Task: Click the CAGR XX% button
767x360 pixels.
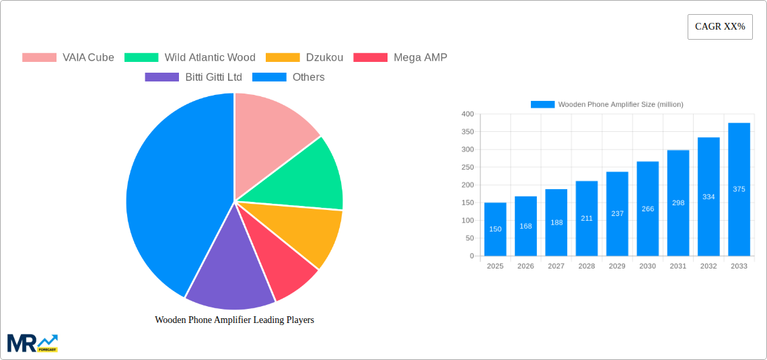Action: click(720, 27)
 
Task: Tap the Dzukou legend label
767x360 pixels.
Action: click(324, 57)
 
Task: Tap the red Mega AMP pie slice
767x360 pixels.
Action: click(283, 262)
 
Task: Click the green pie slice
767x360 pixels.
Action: click(303, 178)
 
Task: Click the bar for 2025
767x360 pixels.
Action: click(495, 229)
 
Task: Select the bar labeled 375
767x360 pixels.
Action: click(739, 189)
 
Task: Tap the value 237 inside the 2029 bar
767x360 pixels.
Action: click(617, 213)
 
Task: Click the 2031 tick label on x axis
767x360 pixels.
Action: click(678, 266)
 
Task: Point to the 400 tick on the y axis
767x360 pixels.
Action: click(467, 114)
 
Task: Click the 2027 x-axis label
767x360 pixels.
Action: click(556, 266)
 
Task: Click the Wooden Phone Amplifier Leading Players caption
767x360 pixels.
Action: click(234, 320)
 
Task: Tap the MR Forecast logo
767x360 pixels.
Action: click(32, 343)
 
